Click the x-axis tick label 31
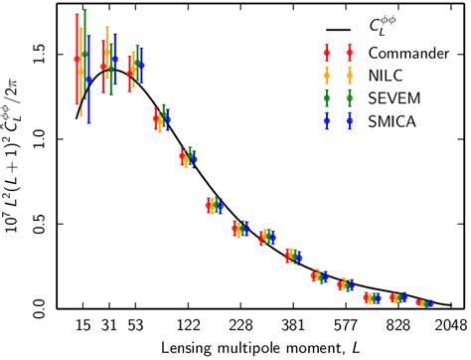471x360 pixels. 111,323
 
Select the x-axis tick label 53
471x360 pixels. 140,323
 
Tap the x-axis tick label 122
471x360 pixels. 190,323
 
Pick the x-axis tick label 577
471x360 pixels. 347,323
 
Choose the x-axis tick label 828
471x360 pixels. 399,323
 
